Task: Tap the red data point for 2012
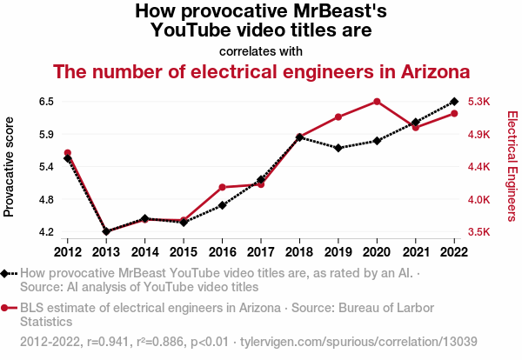(68, 153)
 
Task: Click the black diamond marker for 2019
(338, 148)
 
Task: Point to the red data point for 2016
(223, 187)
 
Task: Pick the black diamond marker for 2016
(223, 205)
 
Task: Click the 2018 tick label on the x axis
(299, 252)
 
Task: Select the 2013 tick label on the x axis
(106, 252)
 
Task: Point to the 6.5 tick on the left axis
(46, 102)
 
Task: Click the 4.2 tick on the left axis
(46, 232)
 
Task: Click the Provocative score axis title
(10, 167)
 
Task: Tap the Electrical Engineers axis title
(512, 167)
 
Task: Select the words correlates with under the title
(261, 50)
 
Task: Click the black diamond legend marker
(6, 273)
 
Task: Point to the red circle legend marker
(6, 308)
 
